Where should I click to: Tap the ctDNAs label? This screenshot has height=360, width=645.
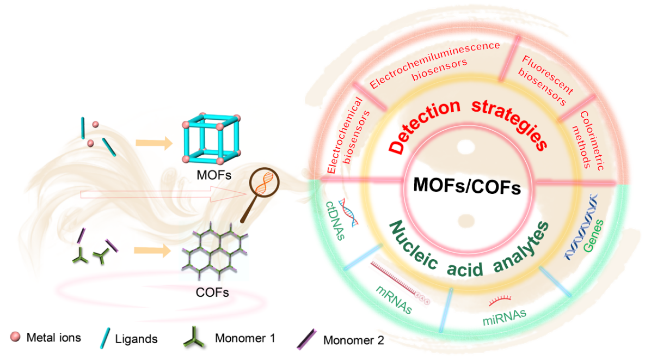coord(335,220)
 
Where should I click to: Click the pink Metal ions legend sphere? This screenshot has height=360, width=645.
coord(16,337)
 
